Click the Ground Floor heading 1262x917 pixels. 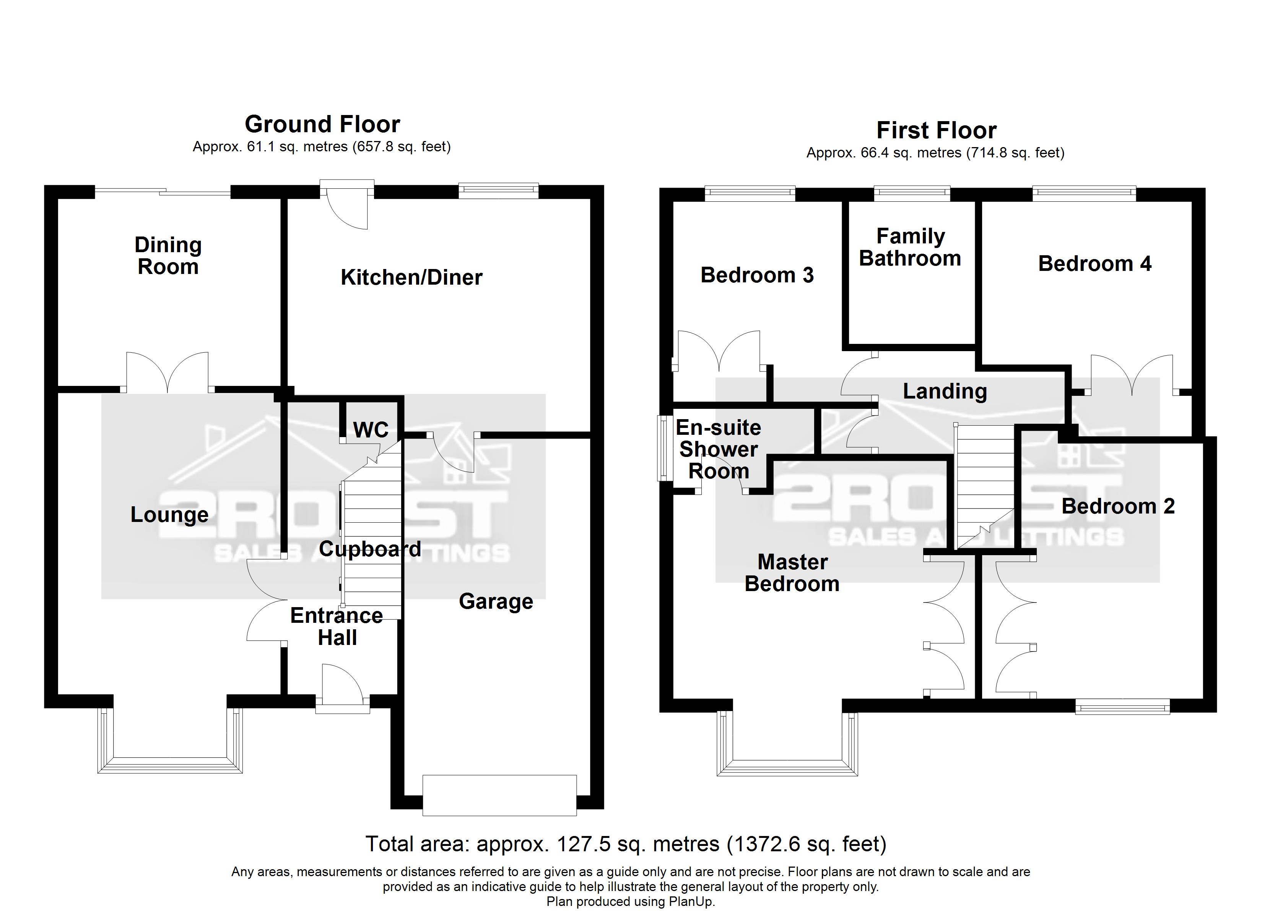click(322, 124)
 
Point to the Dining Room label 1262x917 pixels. click(168, 256)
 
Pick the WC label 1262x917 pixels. click(371, 429)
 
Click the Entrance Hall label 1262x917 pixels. click(337, 626)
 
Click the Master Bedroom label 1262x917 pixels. click(792, 573)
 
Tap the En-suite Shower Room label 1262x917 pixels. click(718, 449)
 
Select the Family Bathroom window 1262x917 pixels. click(911, 193)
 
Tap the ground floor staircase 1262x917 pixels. click(372, 542)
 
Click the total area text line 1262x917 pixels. click(625, 844)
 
